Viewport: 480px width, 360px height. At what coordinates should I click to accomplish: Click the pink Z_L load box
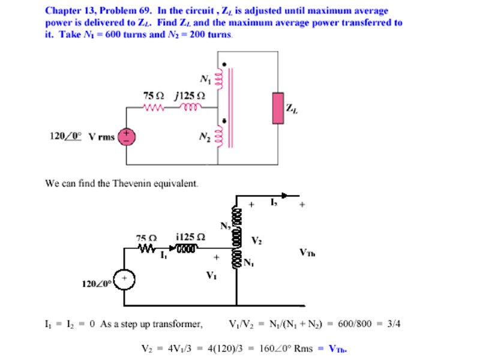pyautogui.click(x=278, y=108)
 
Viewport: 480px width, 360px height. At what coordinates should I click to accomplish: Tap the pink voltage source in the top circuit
pyautogui.click(x=127, y=137)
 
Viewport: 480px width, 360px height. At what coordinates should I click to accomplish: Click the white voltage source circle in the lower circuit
pyautogui.click(x=124, y=280)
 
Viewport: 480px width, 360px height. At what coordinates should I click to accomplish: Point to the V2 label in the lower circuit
pyautogui.click(x=256, y=241)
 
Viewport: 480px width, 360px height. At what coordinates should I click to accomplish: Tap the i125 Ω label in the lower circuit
pyautogui.click(x=191, y=237)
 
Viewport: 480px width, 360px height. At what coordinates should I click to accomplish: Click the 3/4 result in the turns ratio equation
pyautogui.click(x=394, y=325)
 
